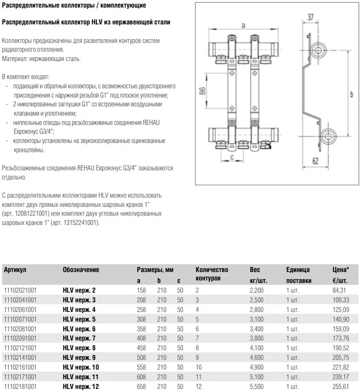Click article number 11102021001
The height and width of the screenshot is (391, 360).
pyautogui.click(x=20, y=290)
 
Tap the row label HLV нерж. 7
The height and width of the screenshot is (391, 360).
pyautogui.click(x=79, y=338)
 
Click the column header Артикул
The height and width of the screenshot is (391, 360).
pyautogui.click(x=15, y=270)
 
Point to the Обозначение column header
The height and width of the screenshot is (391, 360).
pyautogui.click(x=81, y=270)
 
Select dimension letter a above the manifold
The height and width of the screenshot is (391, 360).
pyautogui.click(x=242, y=26)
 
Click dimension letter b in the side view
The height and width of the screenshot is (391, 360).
pyautogui.click(x=351, y=95)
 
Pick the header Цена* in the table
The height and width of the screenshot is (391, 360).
pyautogui.click(x=339, y=270)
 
